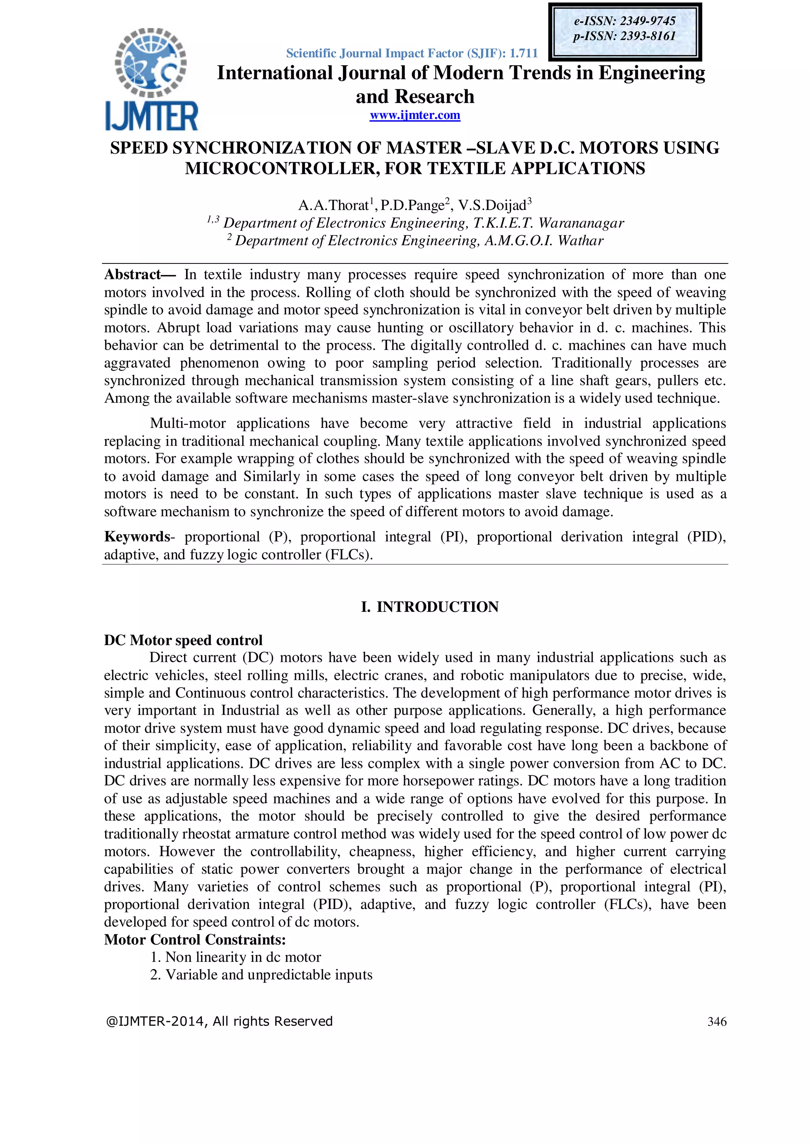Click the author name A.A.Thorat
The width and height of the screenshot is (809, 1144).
pos(334,205)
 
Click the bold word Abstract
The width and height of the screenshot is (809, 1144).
pos(132,275)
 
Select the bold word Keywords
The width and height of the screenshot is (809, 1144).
pos(137,536)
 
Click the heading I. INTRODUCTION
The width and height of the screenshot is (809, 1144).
pos(429,607)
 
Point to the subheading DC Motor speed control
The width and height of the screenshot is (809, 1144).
pos(183,640)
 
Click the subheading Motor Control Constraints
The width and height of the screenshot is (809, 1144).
pos(195,940)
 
